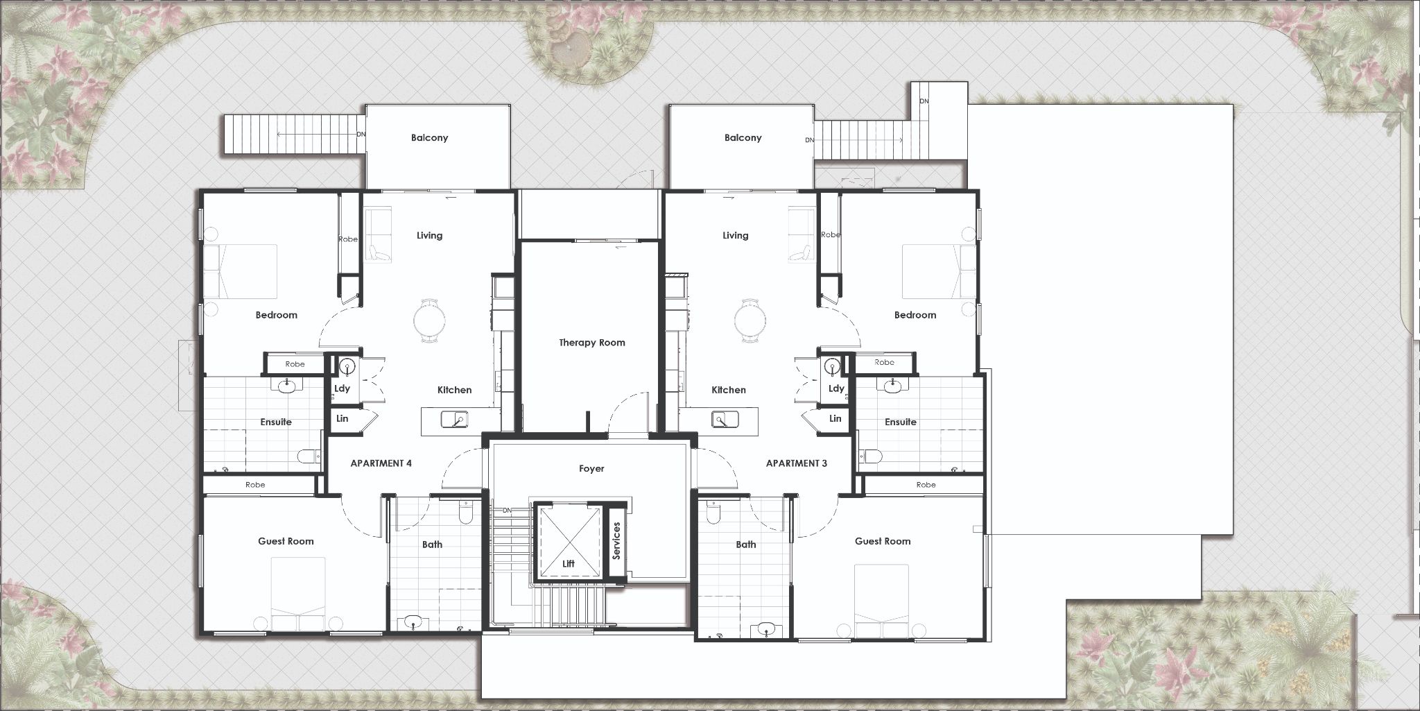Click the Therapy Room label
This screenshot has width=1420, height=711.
coord(591,343)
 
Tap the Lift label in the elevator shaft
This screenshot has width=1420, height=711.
coord(569,564)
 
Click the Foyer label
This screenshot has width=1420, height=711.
coord(591,469)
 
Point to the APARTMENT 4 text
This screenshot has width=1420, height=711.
coord(381,463)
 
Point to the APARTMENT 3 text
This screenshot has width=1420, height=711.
coord(796,463)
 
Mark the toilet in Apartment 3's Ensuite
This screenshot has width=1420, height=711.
coord(870,456)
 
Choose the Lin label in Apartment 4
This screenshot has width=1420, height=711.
coord(342,419)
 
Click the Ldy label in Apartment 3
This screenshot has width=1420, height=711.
coord(836,388)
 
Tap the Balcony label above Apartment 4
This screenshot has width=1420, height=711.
coord(429,138)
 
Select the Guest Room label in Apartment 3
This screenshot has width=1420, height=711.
coord(882,541)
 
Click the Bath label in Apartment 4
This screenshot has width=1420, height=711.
coord(432,545)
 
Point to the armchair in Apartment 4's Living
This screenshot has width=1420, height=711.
coord(379,252)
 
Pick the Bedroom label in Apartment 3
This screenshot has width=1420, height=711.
coord(915,315)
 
